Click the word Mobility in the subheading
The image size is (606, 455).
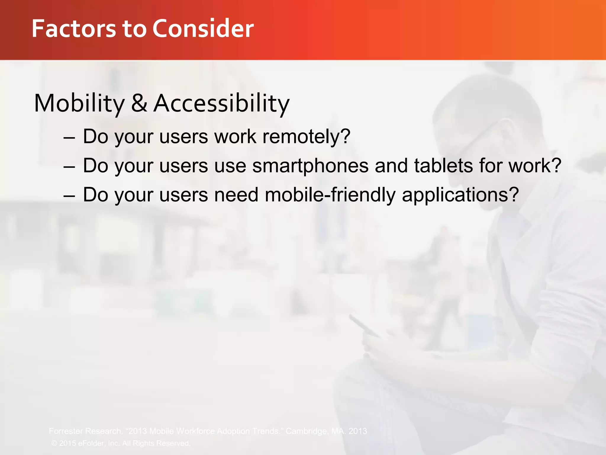point(79,103)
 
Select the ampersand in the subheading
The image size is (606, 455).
point(139,103)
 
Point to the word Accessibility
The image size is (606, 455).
point(221,103)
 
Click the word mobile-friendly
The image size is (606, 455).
point(330,195)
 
